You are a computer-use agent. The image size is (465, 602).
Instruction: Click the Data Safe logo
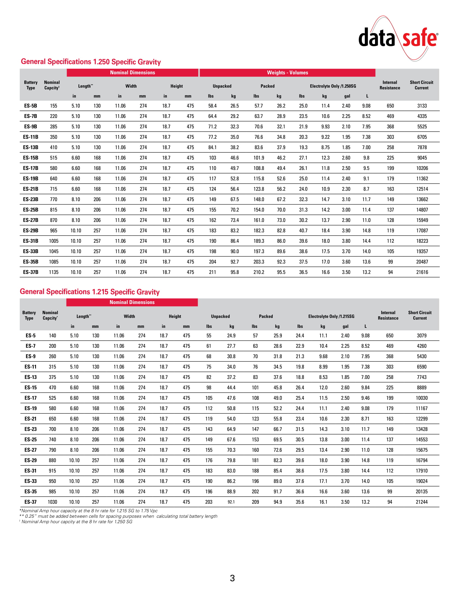[398, 39]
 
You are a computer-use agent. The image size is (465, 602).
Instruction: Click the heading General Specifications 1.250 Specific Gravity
[91, 62]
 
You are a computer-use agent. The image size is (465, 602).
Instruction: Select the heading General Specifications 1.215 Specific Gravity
[89, 292]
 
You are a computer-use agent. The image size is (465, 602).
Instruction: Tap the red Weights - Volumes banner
[287, 73]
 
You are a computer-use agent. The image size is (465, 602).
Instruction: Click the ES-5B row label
[30, 106]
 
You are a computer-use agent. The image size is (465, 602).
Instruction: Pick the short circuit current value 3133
[422, 106]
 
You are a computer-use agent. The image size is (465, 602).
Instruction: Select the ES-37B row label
[30, 272]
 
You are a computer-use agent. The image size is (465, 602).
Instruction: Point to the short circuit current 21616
[422, 272]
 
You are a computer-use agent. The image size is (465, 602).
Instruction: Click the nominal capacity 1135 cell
[53, 272]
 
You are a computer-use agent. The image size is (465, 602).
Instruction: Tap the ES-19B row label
[30, 179]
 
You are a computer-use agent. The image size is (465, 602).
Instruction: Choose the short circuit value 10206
[422, 168]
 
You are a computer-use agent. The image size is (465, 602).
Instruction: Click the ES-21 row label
[30, 419]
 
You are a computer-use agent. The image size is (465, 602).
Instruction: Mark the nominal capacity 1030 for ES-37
[52, 502]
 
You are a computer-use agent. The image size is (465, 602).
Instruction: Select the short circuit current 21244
[422, 502]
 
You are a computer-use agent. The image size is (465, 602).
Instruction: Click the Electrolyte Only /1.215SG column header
[331, 316]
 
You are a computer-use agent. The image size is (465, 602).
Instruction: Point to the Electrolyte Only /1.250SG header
[333, 86]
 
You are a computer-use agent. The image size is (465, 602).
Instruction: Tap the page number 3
[232, 578]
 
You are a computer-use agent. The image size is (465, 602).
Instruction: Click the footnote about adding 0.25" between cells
[118, 516]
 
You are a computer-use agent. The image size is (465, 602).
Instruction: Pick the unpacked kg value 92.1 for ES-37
[231, 502]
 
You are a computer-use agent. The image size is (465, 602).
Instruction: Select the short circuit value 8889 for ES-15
[422, 387]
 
